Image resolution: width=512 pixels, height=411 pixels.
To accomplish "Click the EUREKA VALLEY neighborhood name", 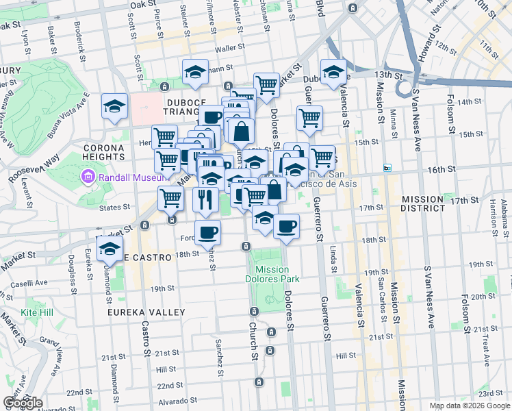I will (x=146, y=312).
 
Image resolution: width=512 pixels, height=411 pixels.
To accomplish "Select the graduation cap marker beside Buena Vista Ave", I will (x=114, y=106).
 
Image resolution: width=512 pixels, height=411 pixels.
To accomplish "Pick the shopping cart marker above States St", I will (x=170, y=199).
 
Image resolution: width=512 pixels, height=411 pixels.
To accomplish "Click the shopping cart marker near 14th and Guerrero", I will (x=310, y=118).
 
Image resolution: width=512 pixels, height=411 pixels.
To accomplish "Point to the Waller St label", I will (x=230, y=49).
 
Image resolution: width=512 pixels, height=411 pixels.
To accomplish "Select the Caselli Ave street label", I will (x=32, y=282).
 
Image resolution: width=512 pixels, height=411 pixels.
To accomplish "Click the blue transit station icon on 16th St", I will (x=387, y=168).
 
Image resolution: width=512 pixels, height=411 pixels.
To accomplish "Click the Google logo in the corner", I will (x=23, y=403).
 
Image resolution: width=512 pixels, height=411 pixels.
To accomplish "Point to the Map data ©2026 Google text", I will (x=469, y=406).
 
